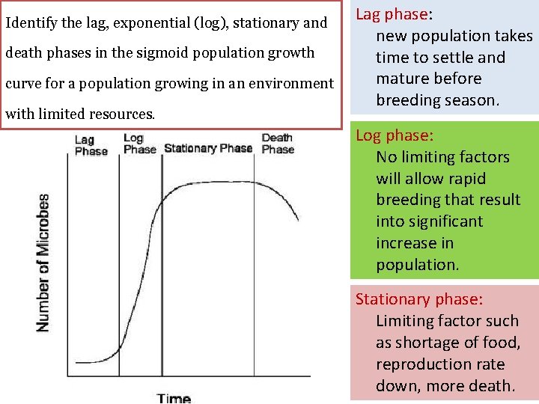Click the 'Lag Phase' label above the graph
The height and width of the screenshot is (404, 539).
[91, 144]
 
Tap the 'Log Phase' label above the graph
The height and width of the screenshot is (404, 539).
[139, 143]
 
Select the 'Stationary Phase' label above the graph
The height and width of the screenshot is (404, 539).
[207, 148]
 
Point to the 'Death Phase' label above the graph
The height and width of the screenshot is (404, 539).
[278, 143]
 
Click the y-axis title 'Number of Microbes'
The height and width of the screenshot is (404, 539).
[43, 263]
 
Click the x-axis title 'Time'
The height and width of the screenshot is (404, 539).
[174, 397]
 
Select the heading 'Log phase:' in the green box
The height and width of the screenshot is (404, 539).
[393, 135]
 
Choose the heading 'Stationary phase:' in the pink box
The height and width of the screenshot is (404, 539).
[418, 299]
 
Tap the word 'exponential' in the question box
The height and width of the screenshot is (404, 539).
[150, 23]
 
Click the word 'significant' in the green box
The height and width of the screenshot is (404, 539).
[429, 221]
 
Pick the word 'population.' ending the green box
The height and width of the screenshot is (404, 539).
[416, 265]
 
